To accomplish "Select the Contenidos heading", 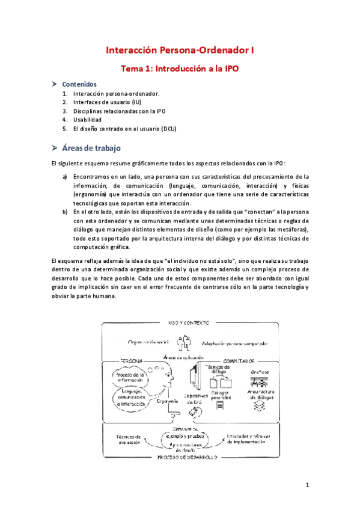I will (x=79, y=85).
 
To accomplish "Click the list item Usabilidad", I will (x=91, y=120).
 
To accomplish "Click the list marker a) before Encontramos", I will (x=65, y=177).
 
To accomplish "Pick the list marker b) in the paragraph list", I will (x=65, y=212).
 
